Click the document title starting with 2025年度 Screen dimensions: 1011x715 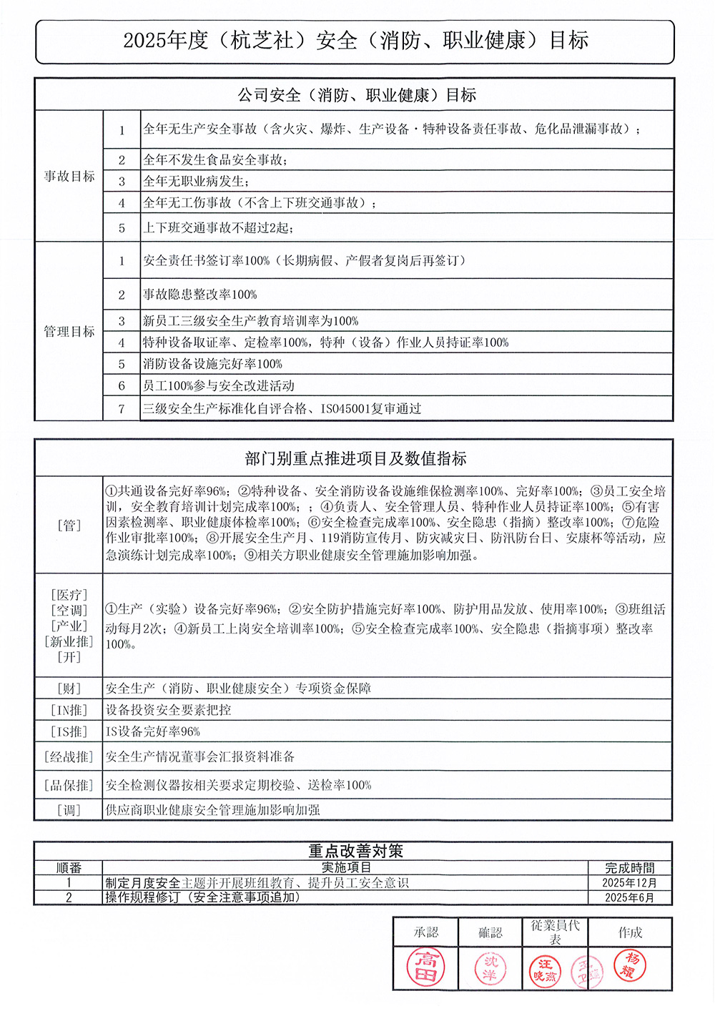355,41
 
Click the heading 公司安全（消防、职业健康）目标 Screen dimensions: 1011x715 356,95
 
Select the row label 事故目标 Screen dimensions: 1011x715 69,176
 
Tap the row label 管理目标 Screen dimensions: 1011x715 69,331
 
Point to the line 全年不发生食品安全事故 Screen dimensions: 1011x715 215,159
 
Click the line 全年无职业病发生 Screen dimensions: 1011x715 196,182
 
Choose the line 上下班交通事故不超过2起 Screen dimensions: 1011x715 218,227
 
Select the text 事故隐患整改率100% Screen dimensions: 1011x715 199,295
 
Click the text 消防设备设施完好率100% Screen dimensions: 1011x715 212,364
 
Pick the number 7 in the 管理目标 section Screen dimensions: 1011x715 122,409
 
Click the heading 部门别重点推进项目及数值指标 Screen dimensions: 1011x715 355,458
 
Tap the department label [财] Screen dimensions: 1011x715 69,689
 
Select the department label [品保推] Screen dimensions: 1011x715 69,785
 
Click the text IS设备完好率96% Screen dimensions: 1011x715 153,731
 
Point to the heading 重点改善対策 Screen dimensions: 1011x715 355,851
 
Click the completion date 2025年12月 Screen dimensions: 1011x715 629,883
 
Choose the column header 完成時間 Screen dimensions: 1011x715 629,868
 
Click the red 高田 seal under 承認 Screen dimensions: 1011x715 426,967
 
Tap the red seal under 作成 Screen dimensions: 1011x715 630,965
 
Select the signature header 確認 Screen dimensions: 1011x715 490,932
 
